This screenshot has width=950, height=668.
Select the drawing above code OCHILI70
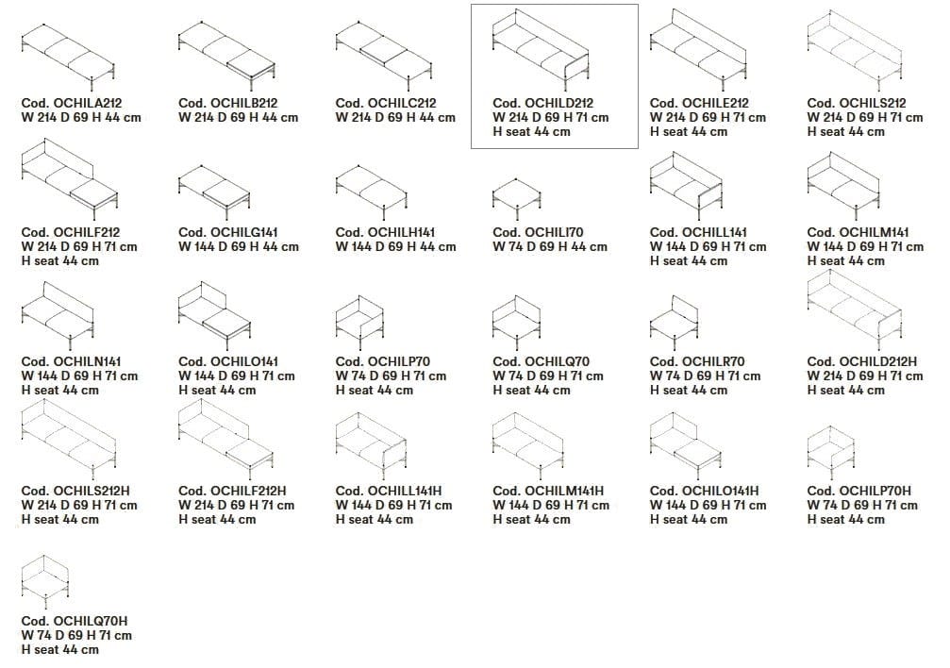point(516,199)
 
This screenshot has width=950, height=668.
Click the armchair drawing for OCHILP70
point(359,323)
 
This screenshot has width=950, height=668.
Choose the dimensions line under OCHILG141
point(239,246)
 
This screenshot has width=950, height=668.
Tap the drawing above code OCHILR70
point(674,323)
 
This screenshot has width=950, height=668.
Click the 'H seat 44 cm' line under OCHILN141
point(60,391)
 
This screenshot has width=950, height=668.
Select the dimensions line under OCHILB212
point(238,118)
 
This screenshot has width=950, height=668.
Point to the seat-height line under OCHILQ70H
point(60,650)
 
